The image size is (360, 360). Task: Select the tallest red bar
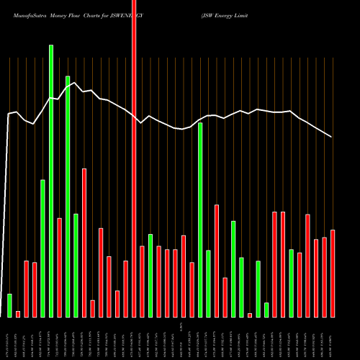coord(134,158)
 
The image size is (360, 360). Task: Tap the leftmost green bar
coord(10,305)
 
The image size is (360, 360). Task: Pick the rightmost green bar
coord(291,283)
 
